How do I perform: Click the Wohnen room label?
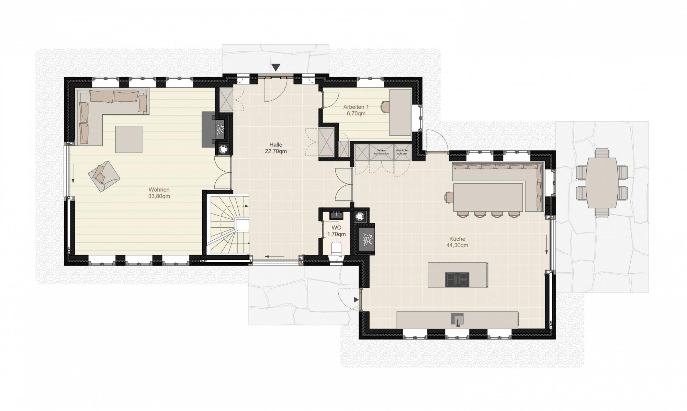[x=159, y=190]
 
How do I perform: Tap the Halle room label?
[x=275, y=145]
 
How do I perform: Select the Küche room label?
[x=457, y=239]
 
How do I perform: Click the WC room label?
[x=336, y=227]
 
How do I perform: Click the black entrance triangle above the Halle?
[x=276, y=67]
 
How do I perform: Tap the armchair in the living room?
[x=104, y=176]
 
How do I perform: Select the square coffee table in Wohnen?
[x=128, y=139]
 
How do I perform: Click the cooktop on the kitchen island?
[x=457, y=279]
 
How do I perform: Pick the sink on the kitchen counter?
[x=457, y=319]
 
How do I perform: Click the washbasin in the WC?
[x=336, y=216]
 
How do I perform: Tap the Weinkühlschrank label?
[x=402, y=152]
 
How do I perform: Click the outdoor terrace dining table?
[x=601, y=183]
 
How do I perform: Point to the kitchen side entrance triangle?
[x=356, y=300]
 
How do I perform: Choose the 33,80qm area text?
[x=159, y=196]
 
